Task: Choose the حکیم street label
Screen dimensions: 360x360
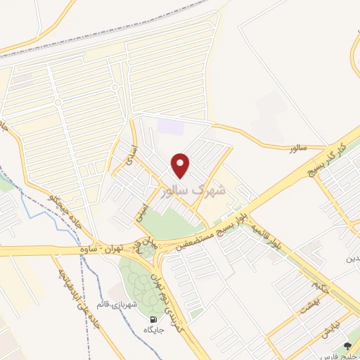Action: [x=321, y=286]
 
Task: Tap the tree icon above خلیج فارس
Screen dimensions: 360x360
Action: [x=347, y=346]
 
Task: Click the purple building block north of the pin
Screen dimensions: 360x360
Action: [x=169, y=127]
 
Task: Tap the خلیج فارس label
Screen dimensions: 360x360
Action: [x=345, y=356]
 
